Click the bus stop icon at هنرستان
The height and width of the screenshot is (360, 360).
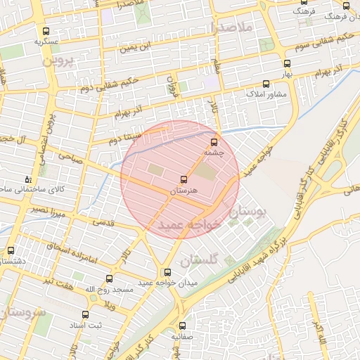184,180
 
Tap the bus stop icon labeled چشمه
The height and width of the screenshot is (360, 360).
214,142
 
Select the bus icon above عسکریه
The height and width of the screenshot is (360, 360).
46,31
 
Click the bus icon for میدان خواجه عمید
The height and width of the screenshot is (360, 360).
167,272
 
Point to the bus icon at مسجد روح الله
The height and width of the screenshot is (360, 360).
109,279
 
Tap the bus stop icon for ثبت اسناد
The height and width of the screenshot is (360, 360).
85,314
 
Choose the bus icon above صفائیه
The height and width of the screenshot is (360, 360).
183,326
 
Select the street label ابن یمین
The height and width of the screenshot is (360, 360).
134,48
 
